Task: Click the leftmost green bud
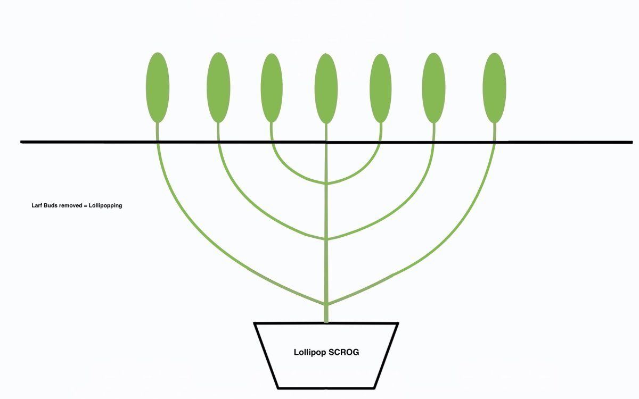pyautogui.click(x=158, y=87)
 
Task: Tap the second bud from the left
pyautogui.click(x=218, y=87)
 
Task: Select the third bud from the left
pyautogui.click(x=272, y=88)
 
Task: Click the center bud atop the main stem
pyautogui.click(x=326, y=89)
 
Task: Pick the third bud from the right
pyautogui.click(x=381, y=88)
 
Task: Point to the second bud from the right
pyautogui.click(x=433, y=88)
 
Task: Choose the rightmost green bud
pyautogui.click(x=494, y=88)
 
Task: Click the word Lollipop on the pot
pyautogui.click(x=310, y=353)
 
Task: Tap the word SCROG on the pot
pyautogui.click(x=344, y=352)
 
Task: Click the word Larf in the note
pyautogui.click(x=37, y=205)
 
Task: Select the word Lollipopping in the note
pyautogui.click(x=105, y=206)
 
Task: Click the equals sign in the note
pyautogui.click(x=85, y=205)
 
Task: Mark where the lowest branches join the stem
pyautogui.click(x=326, y=304)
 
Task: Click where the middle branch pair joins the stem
pyautogui.click(x=326, y=239)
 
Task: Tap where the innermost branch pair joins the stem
pyautogui.click(x=326, y=183)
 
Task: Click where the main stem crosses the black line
pyautogui.click(x=326, y=142)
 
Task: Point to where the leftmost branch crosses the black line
pyautogui.click(x=158, y=142)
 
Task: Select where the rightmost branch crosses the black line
pyautogui.click(x=494, y=142)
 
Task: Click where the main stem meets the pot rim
pyautogui.click(x=326, y=322)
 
